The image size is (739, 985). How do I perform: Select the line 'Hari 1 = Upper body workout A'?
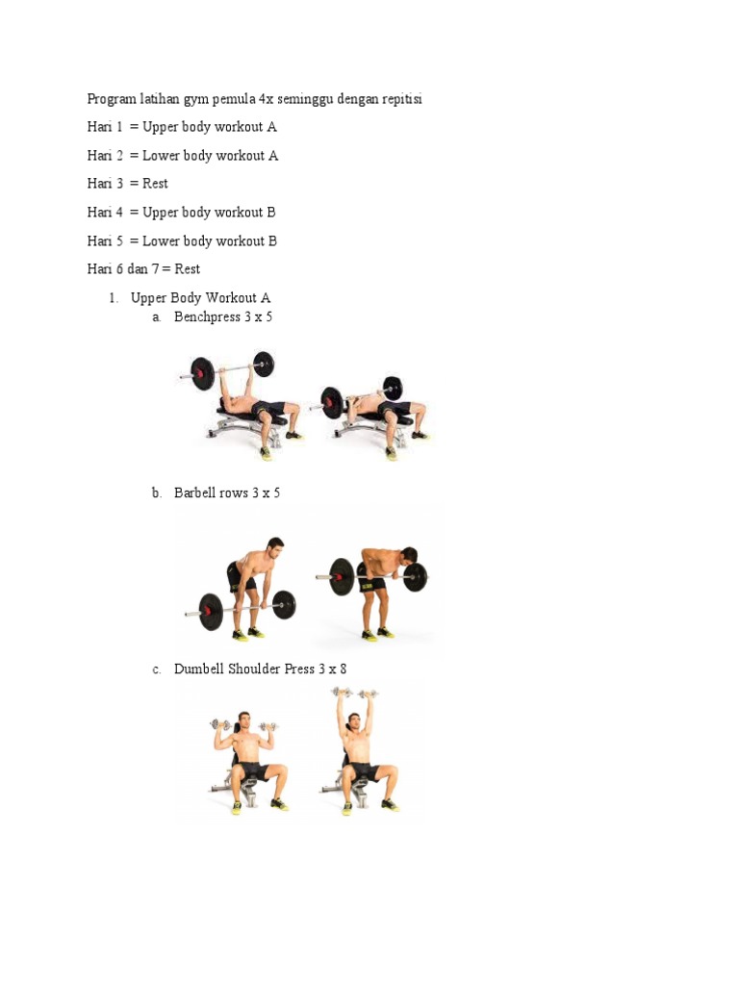click(182, 127)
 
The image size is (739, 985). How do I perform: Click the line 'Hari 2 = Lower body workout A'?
click(183, 156)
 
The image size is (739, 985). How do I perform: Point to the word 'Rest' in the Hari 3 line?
click(155, 184)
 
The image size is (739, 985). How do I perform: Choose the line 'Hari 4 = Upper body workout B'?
click(182, 213)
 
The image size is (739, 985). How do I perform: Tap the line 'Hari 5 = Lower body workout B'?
click(182, 241)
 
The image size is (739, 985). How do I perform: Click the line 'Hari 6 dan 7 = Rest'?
click(143, 269)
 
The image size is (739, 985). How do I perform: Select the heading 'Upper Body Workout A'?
click(200, 298)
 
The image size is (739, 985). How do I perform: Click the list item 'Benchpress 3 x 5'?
click(223, 316)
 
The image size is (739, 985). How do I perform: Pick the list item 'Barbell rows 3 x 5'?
click(227, 492)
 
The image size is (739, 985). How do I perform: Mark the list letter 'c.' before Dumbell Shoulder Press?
click(157, 669)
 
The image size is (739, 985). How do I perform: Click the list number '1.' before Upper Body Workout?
click(114, 298)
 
